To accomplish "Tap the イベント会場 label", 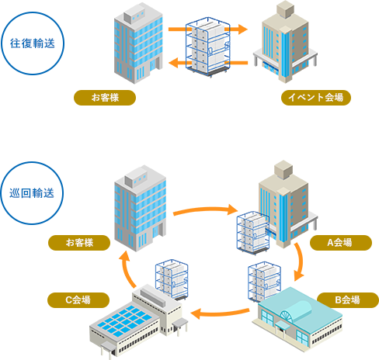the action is tap(316, 98).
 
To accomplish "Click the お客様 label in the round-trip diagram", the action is tap(105, 98).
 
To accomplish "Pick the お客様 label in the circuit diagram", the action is tap(79, 243).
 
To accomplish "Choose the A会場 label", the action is tap(341, 243).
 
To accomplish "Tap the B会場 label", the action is tap(348, 300).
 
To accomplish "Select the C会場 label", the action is tap(78, 300).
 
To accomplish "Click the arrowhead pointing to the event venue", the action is tap(243, 29).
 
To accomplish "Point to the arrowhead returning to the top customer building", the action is tap(173, 63).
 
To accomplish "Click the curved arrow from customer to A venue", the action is tap(205, 209).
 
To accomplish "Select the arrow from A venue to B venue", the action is tap(301, 261).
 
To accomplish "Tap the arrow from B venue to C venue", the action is tap(220, 313).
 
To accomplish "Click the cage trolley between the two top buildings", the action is tap(208, 47).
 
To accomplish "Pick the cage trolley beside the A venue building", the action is tap(253, 232).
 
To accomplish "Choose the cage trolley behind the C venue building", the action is tap(172, 279).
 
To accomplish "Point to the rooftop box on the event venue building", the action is tap(286, 9).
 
